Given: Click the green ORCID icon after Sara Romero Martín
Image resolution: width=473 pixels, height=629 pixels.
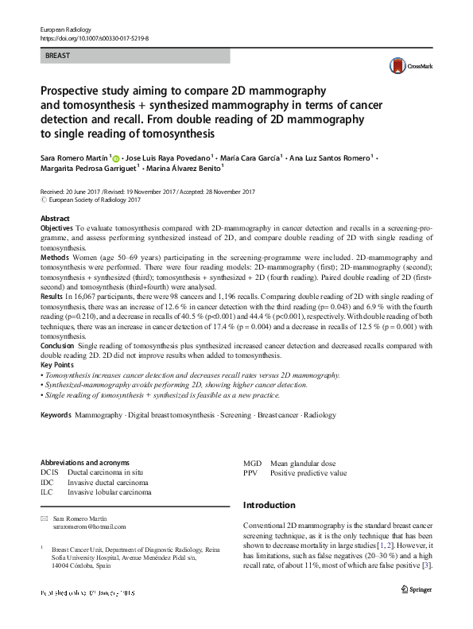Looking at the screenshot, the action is (116, 161).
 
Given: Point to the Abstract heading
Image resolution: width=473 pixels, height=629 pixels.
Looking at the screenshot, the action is (55, 217).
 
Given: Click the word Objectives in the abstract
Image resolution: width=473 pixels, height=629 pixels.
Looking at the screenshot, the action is (56, 227).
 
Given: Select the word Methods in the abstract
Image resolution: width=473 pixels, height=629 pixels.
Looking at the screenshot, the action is (53, 258).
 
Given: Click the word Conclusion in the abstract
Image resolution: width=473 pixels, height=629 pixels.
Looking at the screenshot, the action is (58, 346).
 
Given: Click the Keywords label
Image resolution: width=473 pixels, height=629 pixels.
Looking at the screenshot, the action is (56, 416).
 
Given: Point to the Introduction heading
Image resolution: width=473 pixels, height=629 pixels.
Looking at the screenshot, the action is (269, 505).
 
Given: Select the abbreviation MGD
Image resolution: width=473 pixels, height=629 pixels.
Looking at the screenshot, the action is (252, 463).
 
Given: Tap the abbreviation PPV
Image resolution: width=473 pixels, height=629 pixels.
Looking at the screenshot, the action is (251, 472).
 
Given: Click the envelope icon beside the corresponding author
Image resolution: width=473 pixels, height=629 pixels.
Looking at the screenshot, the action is (45, 518).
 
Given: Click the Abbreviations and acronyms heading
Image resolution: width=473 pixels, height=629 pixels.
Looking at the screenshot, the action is (85, 462).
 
